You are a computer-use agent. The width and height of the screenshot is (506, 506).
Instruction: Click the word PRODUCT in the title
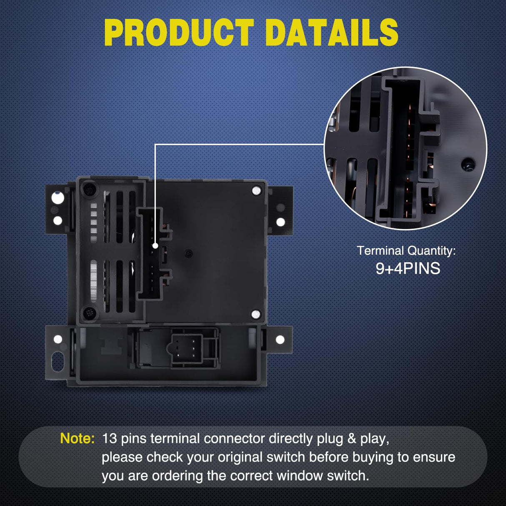(x=179, y=33)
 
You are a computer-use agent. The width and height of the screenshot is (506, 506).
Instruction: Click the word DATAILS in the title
(x=333, y=33)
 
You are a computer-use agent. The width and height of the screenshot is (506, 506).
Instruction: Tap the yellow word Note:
(x=77, y=438)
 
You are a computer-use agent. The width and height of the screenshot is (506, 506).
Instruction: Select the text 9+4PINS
(x=408, y=268)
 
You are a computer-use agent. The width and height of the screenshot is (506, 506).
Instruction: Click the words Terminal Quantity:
(x=406, y=251)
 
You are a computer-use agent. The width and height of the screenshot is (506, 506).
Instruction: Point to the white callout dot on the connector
(x=155, y=246)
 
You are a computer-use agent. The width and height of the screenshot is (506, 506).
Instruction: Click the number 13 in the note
(x=109, y=438)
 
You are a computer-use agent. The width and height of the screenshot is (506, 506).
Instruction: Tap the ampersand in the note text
(x=351, y=438)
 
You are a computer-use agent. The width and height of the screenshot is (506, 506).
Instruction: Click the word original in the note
(x=240, y=457)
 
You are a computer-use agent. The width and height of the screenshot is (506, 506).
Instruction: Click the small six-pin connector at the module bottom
(x=186, y=349)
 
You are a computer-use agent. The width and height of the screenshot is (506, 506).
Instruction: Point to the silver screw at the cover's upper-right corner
(x=256, y=190)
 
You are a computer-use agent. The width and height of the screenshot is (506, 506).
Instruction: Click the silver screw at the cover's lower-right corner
(x=256, y=314)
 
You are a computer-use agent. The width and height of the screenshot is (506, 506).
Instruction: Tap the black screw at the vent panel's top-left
(x=89, y=188)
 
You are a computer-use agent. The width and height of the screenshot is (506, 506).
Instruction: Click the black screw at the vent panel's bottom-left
(x=90, y=313)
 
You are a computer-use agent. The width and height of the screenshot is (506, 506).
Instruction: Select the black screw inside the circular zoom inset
(x=468, y=163)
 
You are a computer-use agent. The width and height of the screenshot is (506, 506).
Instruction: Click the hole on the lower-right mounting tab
(x=280, y=340)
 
